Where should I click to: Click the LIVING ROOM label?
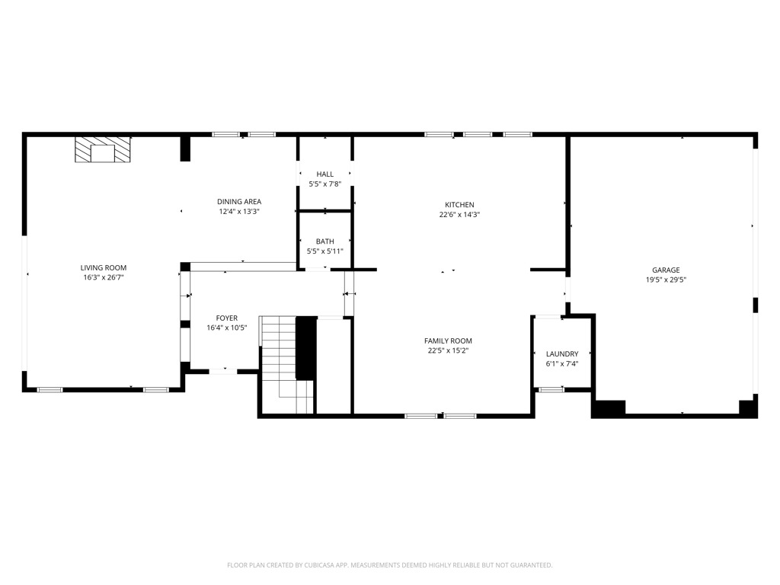pyautogui.click(x=104, y=267)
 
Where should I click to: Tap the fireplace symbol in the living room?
pyautogui.click(x=103, y=150)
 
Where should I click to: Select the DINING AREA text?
pyautogui.click(x=239, y=202)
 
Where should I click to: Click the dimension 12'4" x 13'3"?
pyautogui.click(x=239, y=212)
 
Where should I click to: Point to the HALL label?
pyautogui.click(x=325, y=174)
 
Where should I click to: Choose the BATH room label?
pyautogui.click(x=325, y=241)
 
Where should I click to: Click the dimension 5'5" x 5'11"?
pyautogui.click(x=325, y=251)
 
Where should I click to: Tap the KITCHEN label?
pyautogui.click(x=459, y=205)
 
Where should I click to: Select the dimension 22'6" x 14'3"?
pyautogui.click(x=459, y=215)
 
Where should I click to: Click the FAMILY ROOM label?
pyautogui.click(x=448, y=341)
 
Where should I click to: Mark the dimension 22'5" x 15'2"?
pyautogui.click(x=448, y=351)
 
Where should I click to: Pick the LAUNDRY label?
pyautogui.click(x=562, y=354)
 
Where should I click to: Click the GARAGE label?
pyautogui.click(x=666, y=270)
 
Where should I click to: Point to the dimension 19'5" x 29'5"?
pyautogui.click(x=666, y=280)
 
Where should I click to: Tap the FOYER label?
pyautogui.click(x=227, y=318)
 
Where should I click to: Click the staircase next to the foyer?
pyautogui.click(x=282, y=358)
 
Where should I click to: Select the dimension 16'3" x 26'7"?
pyautogui.click(x=104, y=278)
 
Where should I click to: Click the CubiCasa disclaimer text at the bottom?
pyautogui.click(x=390, y=565)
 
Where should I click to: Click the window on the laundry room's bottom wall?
pyautogui.click(x=551, y=390)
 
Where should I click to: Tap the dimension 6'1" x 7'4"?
pyautogui.click(x=562, y=364)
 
